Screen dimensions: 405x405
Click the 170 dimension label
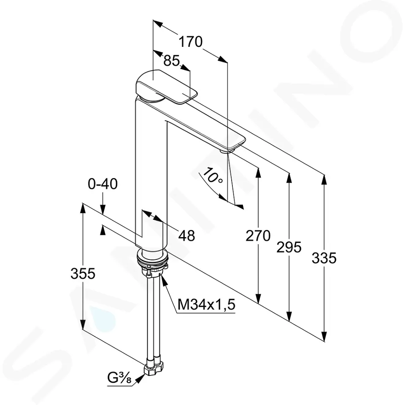coord(191,42)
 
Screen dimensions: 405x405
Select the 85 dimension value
coord(172,61)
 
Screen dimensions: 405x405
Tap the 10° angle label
coord(213,175)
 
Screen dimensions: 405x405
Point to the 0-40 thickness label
coord(103,184)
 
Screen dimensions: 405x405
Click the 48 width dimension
coord(187,236)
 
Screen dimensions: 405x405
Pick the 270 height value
coord(258,236)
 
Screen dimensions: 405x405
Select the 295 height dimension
coord(289,247)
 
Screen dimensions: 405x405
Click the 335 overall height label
coord(324,258)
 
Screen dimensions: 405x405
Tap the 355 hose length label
coord(83,273)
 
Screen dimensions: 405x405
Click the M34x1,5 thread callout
coord(206,304)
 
